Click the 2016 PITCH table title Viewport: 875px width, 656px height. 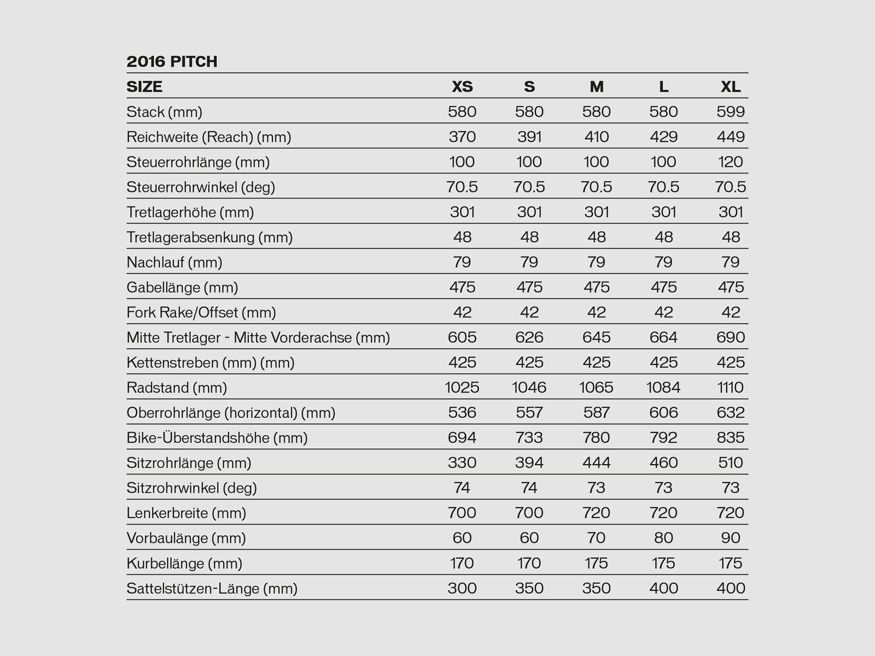tap(172, 62)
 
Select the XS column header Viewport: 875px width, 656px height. tap(462, 87)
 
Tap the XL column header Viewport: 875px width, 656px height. tap(731, 87)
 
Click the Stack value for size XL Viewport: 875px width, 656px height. tap(731, 112)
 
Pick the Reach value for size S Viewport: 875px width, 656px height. tap(529, 137)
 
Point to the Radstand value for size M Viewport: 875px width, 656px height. tap(596, 388)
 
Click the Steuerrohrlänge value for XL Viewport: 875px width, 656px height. tap(731, 162)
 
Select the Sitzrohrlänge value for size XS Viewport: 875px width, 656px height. tap(462, 463)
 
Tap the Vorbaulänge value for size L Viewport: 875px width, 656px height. tap(663, 538)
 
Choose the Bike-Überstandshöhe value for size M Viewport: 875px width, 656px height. tap(596, 438)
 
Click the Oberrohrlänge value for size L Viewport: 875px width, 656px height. tap(663, 413)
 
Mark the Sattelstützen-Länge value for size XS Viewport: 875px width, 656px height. tap(462, 588)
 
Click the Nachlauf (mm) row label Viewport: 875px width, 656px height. tap(174, 262)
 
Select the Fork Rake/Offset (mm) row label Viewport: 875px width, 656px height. tap(201, 313)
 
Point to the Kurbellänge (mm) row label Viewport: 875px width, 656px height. tap(184, 563)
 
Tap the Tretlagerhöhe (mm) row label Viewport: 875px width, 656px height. tap(190, 212)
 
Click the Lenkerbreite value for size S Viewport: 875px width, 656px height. tap(529, 513)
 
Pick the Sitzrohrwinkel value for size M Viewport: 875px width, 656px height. tap(596, 488)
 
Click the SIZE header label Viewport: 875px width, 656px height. tap(144, 87)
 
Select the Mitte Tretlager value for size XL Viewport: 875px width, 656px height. tap(731, 337)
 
